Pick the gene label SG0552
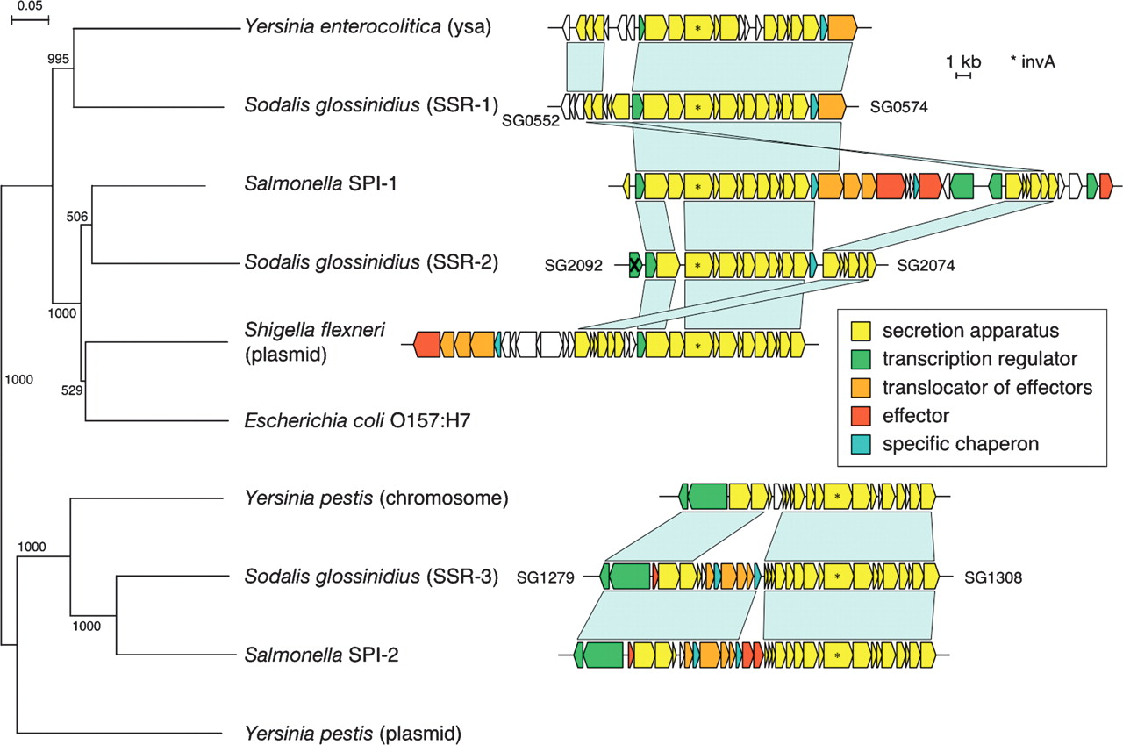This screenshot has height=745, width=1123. pyautogui.click(x=531, y=121)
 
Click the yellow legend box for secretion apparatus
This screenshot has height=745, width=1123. pyautogui.click(x=861, y=332)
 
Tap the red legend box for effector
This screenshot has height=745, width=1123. pyautogui.click(x=861, y=415)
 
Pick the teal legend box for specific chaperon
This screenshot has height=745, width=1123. pyautogui.click(x=861, y=443)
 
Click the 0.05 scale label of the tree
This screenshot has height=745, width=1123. pyautogui.click(x=29, y=6)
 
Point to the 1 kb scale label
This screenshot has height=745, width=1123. pyautogui.click(x=963, y=61)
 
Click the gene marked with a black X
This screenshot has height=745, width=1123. pyautogui.click(x=635, y=265)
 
